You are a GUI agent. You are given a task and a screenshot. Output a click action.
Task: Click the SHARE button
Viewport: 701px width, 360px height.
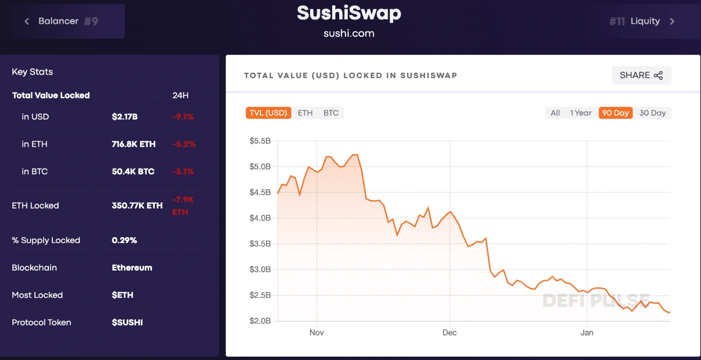641,75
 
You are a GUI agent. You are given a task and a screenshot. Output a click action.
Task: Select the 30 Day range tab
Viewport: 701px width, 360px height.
652,113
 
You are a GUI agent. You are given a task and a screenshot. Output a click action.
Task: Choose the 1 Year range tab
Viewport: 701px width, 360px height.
581,113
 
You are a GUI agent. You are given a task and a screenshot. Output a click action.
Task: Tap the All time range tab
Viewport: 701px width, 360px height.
555,113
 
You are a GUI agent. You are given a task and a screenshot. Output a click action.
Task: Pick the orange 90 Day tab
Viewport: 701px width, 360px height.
615,113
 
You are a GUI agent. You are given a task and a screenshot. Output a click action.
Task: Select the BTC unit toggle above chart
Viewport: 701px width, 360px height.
331,113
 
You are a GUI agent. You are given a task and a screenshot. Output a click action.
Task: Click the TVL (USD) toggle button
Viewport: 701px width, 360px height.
268,113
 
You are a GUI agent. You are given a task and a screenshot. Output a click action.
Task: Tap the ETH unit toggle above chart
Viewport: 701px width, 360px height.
305,113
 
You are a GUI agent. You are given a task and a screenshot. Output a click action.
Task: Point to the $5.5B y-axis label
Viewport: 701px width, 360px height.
260,141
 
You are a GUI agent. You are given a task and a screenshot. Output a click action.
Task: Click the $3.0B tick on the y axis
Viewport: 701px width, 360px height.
260,269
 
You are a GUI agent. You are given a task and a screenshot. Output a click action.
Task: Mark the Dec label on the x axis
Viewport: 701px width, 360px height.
449,333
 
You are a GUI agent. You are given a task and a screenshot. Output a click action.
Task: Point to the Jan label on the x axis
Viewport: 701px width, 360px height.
587,333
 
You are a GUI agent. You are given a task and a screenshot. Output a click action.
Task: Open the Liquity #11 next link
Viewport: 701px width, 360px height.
642,21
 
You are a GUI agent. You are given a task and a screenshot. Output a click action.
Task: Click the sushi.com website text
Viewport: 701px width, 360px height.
349,33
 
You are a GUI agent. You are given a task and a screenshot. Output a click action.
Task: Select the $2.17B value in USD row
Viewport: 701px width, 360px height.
125,117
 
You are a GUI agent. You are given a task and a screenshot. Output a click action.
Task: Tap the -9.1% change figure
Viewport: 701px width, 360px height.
183,117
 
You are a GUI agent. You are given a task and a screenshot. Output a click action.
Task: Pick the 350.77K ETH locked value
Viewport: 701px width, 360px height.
137,205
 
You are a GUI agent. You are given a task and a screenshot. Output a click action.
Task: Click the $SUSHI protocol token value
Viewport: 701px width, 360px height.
127,322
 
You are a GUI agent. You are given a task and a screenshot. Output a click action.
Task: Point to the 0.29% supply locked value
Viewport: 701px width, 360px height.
124,240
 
